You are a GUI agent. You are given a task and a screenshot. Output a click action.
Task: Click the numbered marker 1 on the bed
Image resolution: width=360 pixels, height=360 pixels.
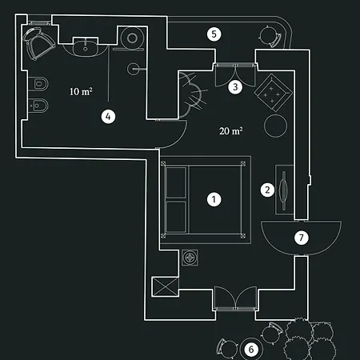tap(214, 199)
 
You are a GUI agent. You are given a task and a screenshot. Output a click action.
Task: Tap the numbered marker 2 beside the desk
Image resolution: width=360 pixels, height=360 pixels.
tap(267, 190)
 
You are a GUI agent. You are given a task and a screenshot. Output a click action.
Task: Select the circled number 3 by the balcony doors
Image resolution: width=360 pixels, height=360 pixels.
tap(235, 86)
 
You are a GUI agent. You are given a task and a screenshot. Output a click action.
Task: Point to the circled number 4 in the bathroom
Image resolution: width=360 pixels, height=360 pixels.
tap(108, 117)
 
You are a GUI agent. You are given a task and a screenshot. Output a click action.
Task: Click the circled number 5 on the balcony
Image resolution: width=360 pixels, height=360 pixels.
tap(214, 34)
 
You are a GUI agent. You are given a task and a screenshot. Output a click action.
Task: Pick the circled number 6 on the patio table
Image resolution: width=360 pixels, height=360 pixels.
tap(251, 350)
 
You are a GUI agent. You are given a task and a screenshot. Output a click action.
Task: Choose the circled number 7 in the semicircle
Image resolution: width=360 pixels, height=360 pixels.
tap(302, 238)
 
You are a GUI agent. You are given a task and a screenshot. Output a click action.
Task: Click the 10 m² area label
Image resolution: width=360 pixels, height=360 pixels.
tap(81, 91)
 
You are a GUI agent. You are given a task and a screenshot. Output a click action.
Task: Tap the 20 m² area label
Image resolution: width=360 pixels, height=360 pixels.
tap(231, 131)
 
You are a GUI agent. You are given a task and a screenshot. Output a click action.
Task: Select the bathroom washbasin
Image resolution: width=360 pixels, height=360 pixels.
tap(86, 47)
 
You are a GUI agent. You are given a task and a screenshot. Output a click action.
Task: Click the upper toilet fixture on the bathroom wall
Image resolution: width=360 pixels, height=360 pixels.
tap(38, 84)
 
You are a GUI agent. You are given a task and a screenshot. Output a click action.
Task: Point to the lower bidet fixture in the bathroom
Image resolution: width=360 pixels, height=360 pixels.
tap(38, 106)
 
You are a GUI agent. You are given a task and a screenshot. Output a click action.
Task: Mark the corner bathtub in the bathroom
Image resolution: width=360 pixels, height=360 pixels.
tap(38, 43)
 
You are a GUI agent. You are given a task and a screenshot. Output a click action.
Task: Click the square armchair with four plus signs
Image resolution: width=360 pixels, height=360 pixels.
tap(273, 93)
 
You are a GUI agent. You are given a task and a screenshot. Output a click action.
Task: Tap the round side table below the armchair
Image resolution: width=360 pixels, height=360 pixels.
tap(275, 126)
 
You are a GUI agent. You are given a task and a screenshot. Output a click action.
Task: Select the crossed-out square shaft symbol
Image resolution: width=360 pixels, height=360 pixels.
tap(165, 286)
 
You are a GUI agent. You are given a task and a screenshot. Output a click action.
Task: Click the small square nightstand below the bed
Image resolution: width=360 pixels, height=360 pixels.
tap(190, 258)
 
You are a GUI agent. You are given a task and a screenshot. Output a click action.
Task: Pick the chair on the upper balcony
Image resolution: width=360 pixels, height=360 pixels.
tap(270, 36)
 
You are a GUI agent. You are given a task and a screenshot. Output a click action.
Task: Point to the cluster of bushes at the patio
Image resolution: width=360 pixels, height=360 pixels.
tap(310, 338)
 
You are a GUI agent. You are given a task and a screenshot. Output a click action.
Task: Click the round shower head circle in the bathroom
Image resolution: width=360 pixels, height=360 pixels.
tap(132, 38)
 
